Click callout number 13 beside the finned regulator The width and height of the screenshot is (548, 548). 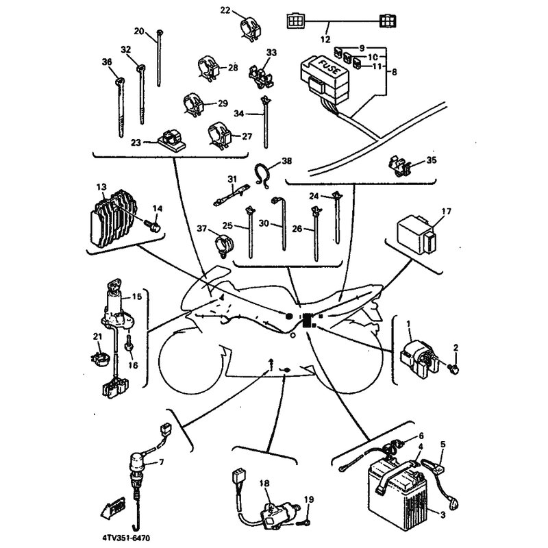(x=101, y=186)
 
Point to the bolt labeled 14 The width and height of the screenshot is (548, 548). (x=157, y=225)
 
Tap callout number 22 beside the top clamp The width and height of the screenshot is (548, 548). (x=226, y=10)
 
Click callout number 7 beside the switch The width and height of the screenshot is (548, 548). (x=162, y=462)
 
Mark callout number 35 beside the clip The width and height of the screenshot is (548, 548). (x=431, y=161)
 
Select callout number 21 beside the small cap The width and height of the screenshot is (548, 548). (x=97, y=336)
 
